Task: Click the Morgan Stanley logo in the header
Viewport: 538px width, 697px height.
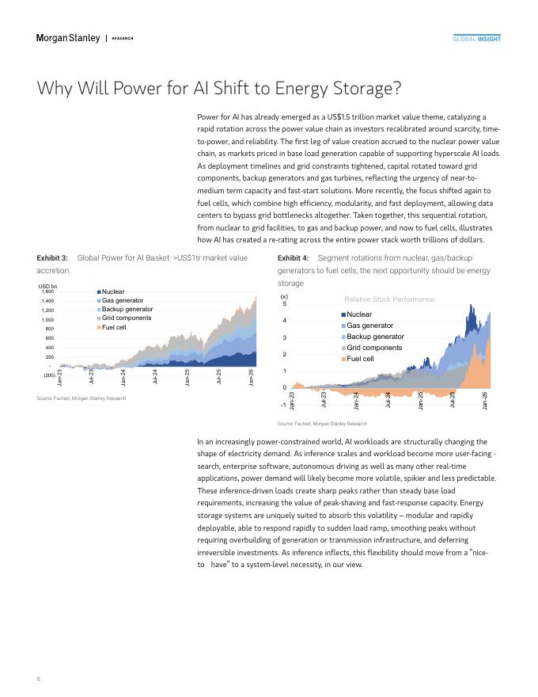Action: (x=68, y=38)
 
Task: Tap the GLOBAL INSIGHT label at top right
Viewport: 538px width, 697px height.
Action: (x=476, y=39)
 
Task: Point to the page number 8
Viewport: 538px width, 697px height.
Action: (x=39, y=679)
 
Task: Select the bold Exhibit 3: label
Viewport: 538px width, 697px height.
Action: (x=52, y=257)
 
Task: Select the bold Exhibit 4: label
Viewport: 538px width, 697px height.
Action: (x=293, y=257)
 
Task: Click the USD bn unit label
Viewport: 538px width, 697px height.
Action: (x=47, y=285)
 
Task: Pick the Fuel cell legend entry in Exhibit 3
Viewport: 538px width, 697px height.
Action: (x=114, y=327)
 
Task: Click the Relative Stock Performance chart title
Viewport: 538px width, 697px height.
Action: (x=389, y=299)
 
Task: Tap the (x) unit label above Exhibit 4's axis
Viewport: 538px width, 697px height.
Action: (x=285, y=296)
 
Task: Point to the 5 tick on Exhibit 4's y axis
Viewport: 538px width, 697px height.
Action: (x=285, y=304)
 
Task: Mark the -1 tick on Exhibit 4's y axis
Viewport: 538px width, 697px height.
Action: (x=283, y=404)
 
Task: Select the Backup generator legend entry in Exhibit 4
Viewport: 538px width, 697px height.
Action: (x=375, y=337)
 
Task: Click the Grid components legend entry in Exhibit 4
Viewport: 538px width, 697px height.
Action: (x=374, y=348)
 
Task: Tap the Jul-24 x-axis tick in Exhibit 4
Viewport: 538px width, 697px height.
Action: (x=388, y=399)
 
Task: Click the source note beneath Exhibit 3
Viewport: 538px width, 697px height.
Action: (x=81, y=398)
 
